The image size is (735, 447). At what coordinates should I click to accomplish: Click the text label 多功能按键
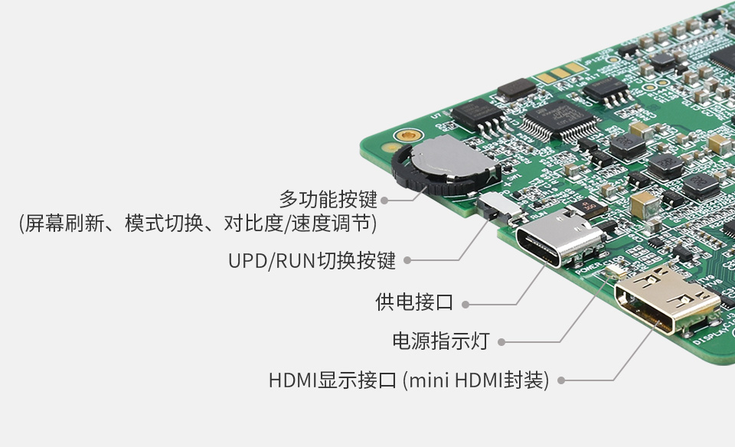(328, 200)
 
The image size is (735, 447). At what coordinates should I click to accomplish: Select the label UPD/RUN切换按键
(312, 260)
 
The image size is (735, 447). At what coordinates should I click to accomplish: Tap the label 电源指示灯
(440, 341)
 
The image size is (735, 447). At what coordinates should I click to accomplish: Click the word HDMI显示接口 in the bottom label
(332, 380)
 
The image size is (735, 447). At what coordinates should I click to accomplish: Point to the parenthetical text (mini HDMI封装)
(475, 380)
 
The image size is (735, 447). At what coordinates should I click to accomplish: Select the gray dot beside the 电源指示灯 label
(503, 341)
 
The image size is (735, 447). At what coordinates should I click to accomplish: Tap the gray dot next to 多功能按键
(384, 201)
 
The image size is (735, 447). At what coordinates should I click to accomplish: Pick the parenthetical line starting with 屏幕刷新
(198, 223)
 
